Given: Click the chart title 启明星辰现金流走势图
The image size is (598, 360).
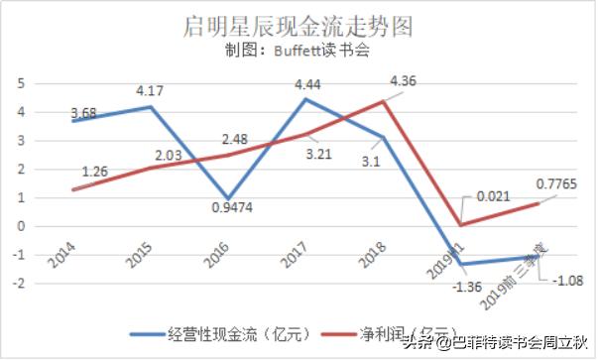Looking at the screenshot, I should pos(298,23).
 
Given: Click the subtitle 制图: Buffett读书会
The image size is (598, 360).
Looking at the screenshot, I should pos(297,51).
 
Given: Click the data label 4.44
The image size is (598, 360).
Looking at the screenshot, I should pos(307,84).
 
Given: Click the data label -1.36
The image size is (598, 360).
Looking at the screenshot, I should pos(463,288).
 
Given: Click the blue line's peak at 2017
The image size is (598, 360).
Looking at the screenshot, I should pos(306,98).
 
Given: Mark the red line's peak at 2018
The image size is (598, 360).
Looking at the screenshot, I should pos(385,101).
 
